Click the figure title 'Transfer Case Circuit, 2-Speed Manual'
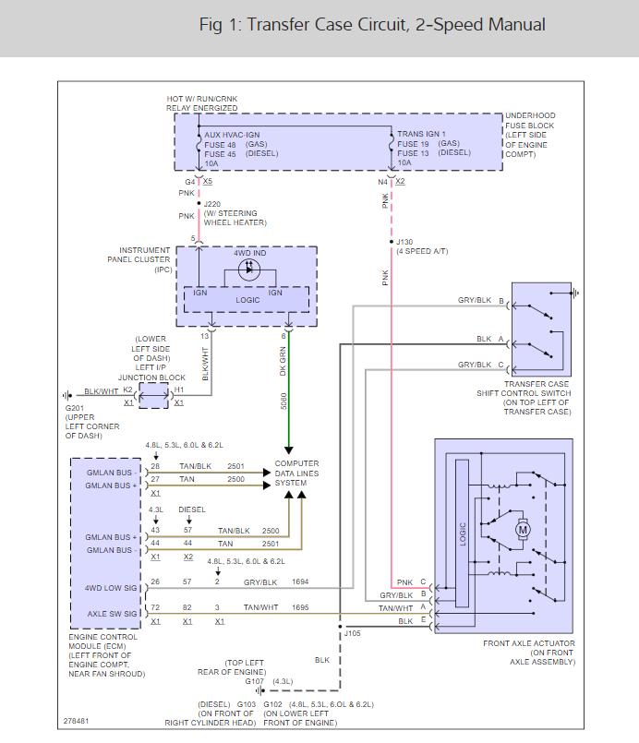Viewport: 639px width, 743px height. pos(372,25)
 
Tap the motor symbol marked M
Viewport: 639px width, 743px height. pos(523,529)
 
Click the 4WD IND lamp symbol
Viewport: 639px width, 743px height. pos(249,270)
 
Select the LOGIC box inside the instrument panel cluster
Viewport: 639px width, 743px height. pos(247,300)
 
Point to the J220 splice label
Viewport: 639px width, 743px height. pos(212,204)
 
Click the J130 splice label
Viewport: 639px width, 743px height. pos(404,242)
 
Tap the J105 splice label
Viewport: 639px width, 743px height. pos(352,634)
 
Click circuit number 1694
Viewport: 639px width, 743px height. pos(300,582)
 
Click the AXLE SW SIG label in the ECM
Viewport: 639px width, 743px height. pos(111,614)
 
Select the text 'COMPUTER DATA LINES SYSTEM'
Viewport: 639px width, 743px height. pos(296,473)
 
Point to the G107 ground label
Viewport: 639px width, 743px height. pos(242,682)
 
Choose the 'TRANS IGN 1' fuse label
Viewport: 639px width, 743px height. pos(421,135)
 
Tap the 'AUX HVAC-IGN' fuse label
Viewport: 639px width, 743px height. pos(233,135)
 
